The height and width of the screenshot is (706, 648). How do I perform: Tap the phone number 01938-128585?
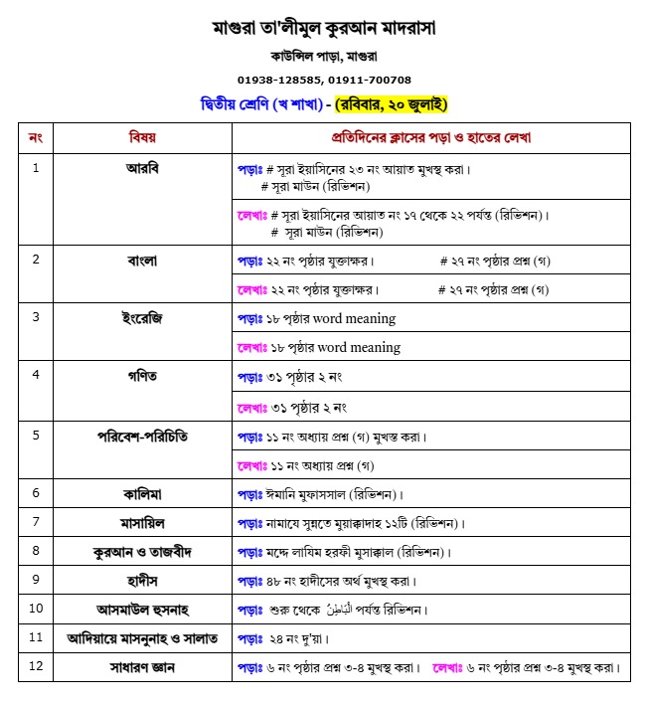point(279,80)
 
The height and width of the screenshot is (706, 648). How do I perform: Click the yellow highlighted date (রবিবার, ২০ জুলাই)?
point(392,103)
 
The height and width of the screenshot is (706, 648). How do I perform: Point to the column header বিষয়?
point(142,137)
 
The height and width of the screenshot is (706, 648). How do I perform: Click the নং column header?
point(36,137)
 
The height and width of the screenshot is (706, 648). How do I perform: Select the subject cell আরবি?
point(142,167)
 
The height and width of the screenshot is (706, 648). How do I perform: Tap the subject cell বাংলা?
point(142,261)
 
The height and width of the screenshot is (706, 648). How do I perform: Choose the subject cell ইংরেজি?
point(142,318)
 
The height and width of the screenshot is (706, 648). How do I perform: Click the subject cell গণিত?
point(142,377)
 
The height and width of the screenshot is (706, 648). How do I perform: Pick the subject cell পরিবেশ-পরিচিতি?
point(142,436)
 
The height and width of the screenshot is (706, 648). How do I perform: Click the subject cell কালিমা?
point(142,493)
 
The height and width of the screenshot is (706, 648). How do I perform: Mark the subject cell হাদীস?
point(142,580)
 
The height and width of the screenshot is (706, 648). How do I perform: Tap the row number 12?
point(36,666)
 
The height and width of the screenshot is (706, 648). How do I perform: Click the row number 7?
point(36,522)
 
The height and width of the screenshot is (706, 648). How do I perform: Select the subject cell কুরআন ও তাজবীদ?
point(142,551)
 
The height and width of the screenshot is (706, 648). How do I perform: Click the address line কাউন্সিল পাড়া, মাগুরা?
point(324,56)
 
